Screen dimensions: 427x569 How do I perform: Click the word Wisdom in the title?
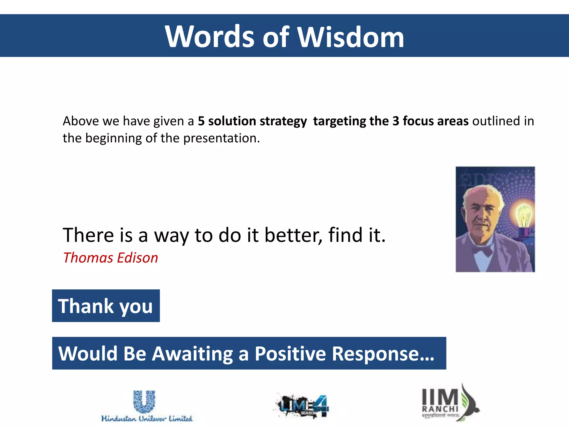point(351,37)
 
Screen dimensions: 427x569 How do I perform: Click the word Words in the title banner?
point(210,37)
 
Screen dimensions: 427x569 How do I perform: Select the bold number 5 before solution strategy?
point(201,121)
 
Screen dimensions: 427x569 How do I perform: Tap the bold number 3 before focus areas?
point(396,121)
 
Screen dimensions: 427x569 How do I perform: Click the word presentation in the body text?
point(221,138)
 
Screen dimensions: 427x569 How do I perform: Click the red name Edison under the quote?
point(137,258)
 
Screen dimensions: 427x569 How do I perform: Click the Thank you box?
point(106,306)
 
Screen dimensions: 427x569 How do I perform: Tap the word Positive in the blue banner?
point(290,354)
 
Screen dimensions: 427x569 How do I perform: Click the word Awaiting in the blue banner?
point(192,354)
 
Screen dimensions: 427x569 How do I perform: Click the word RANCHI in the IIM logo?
point(440,409)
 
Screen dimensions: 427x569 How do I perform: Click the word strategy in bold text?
point(283,121)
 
